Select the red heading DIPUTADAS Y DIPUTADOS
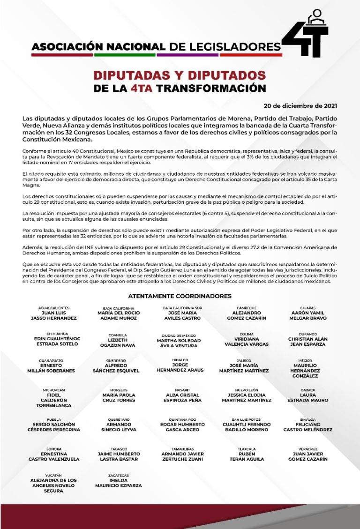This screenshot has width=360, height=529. point(180,75)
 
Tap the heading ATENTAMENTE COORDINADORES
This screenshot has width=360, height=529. point(180,296)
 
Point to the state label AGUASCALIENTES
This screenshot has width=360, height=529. point(54,308)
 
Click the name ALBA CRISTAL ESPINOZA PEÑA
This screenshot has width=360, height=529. point(180,398)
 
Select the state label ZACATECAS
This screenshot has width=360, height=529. point(118,475)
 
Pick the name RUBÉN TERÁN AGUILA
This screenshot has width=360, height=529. point(246,456)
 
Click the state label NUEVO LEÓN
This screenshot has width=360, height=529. point(246,390)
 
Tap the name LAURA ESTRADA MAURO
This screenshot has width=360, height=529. point(307,398)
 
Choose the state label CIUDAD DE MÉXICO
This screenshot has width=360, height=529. point(180,335)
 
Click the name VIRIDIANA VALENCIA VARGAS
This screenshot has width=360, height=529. point(246,341)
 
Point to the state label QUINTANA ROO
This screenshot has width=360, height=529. point(180,419)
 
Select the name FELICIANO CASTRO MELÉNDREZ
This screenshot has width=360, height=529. point(307,427)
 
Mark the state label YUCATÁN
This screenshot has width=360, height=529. point(53,475)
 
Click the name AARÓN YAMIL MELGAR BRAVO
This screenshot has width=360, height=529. point(307,315)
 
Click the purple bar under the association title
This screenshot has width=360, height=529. point(187,55)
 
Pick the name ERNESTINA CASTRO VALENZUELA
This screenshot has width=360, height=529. point(54,456)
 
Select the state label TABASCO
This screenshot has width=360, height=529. point(118,448)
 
